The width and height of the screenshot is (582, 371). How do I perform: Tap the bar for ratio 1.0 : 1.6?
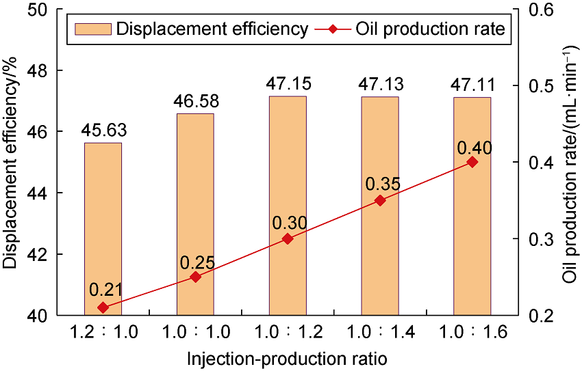472,205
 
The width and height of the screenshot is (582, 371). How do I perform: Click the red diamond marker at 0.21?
103,307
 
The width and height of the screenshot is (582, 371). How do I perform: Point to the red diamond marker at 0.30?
288,238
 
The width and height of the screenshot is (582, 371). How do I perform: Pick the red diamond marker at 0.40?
472,162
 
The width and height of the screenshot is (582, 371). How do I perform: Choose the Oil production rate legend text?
431,29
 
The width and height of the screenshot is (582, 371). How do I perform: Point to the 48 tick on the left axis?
48,70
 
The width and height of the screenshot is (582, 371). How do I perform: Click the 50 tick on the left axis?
48,9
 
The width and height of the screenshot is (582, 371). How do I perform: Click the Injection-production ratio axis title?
288,357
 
